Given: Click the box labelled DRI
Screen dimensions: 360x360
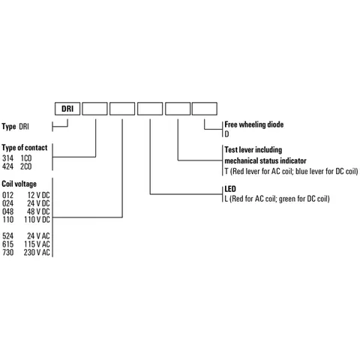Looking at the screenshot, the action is point(67,109).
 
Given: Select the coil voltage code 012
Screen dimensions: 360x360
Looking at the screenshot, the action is point(7,195).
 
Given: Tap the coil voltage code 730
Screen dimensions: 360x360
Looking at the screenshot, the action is point(7,252).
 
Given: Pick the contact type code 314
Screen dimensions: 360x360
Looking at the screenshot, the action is point(7,158).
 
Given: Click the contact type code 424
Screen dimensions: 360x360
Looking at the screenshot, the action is point(7,166).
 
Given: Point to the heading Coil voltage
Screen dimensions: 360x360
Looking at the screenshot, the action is point(19,184).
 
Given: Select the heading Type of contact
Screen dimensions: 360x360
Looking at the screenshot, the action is point(25,148).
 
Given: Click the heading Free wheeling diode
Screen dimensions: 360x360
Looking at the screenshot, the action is point(254,124).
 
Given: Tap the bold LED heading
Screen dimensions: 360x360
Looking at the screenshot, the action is point(230,189).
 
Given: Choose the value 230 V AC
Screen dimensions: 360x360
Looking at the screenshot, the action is point(37,252).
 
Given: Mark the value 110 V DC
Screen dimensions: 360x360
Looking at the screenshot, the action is point(37,220).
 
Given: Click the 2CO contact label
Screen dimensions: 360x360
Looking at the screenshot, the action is point(26,166).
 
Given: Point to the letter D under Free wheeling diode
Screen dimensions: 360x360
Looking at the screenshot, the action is point(226,134).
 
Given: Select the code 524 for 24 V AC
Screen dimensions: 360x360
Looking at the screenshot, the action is point(7,235).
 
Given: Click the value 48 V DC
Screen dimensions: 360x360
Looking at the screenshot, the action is point(38,211).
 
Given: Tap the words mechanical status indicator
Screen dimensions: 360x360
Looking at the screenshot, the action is point(265,160).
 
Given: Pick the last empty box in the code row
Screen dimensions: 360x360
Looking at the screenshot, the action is point(205,109).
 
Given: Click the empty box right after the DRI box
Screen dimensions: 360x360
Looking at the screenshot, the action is point(94,109).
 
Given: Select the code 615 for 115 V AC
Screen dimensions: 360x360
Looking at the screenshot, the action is point(7,244).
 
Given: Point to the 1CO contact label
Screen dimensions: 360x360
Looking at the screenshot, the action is point(26,158).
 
